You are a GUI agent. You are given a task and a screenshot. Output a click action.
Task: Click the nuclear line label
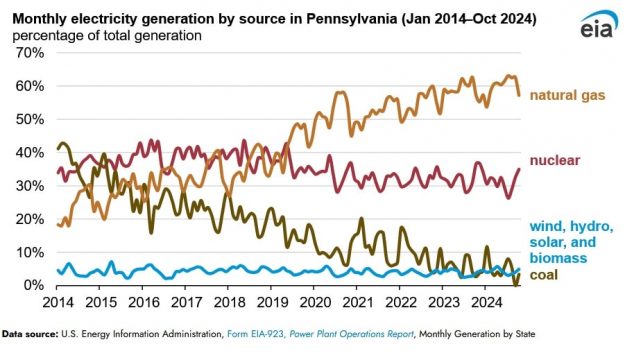click(556, 160)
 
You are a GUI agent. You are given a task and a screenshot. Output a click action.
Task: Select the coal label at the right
click(544, 276)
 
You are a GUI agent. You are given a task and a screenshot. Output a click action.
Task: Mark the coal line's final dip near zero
click(516, 283)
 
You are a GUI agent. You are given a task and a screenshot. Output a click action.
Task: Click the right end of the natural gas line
click(518, 95)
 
